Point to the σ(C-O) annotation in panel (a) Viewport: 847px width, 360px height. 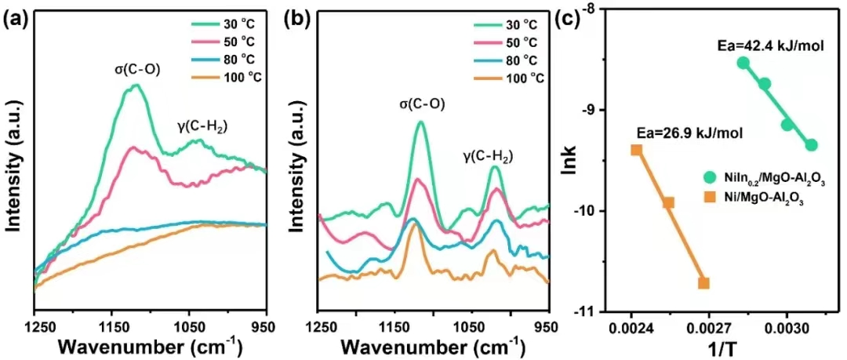[137, 69]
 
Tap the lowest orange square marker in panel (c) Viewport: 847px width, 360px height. [703, 283]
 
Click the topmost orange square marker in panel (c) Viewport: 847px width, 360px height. [637, 150]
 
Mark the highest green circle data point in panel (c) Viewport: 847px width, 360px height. [743, 63]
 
